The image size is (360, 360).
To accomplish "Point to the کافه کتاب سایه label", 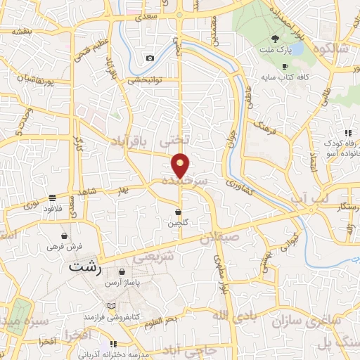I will [x=285, y=77].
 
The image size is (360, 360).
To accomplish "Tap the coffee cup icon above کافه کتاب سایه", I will [x=285, y=67].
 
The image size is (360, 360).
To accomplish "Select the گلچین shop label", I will [x=178, y=223].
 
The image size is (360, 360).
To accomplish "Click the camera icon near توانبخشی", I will [x=149, y=58].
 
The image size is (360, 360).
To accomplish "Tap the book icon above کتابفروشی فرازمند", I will [x=111, y=307].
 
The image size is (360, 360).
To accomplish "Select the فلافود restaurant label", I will [x=53, y=209].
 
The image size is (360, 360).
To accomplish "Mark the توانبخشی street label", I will [x=146, y=80].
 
